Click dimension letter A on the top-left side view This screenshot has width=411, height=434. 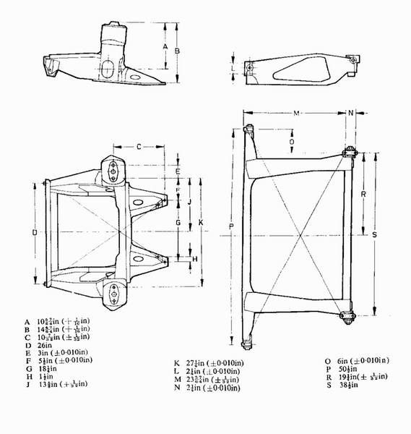tap(165, 46)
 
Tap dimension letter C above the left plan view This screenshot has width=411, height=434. tap(139, 146)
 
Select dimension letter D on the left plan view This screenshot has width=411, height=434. tap(35, 232)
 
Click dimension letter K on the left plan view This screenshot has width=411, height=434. tap(201, 222)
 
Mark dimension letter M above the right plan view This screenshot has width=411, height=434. tap(296, 113)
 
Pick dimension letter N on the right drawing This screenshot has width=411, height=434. tap(350, 113)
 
